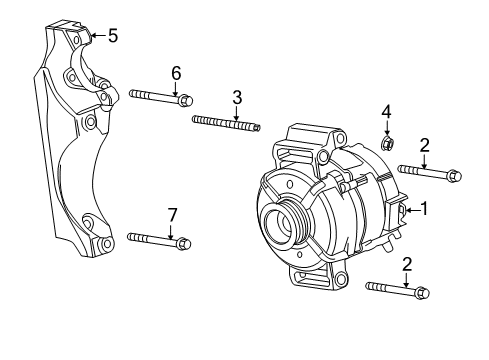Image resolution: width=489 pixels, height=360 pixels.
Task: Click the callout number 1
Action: tap(424, 209)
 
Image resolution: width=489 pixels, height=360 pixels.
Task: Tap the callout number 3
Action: tap(237, 97)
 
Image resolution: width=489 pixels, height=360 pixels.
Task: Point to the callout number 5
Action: tap(112, 36)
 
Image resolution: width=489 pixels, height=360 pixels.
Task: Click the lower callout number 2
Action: tap(406, 264)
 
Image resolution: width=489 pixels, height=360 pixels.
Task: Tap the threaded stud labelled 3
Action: tap(225, 123)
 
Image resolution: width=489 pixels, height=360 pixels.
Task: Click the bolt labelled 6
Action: tap(160, 97)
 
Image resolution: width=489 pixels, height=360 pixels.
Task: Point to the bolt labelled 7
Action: tap(158, 240)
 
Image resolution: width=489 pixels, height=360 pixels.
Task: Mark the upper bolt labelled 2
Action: tap(429, 174)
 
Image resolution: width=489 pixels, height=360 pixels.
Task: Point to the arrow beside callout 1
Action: tap(410, 210)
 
